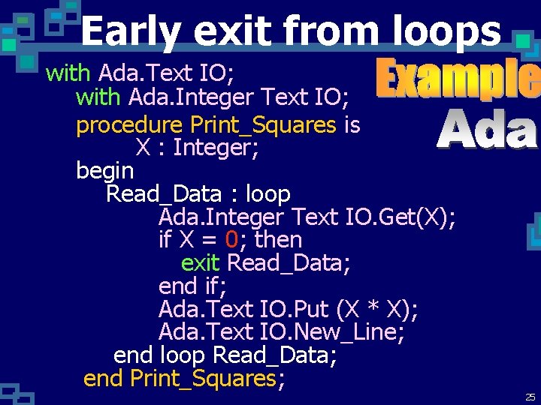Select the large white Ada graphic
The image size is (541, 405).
(487, 129)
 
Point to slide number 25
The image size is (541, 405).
(530, 397)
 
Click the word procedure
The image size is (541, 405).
(129, 125)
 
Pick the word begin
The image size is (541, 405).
(104, 171)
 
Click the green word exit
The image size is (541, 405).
(200, 263)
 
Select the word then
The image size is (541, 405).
(279, 240)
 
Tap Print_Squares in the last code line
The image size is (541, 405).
(203, 379)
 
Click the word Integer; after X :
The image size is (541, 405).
(216, 148)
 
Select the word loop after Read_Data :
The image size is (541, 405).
(267, 194)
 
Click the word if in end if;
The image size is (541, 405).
(212, 286)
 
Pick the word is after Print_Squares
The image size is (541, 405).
(352, 125)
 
